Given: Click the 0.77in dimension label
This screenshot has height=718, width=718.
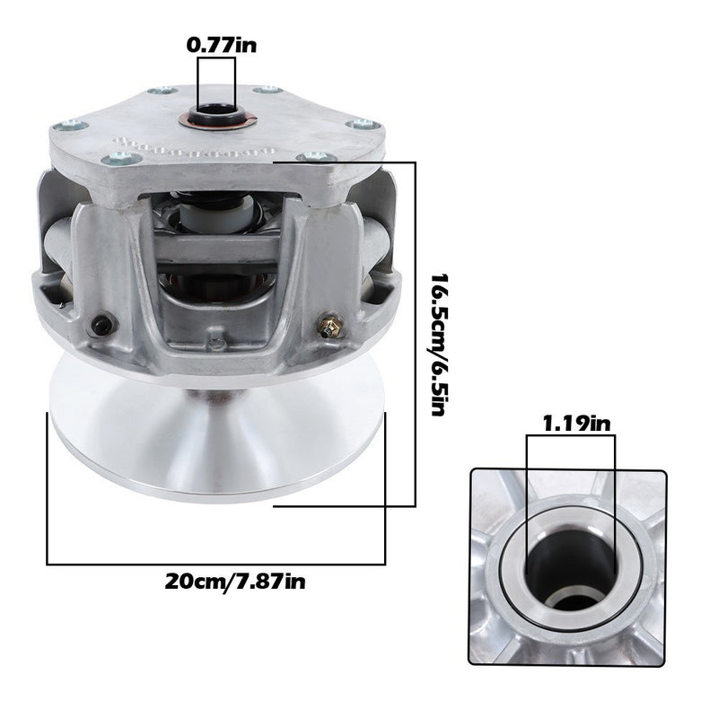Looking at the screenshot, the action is tap(222, 46).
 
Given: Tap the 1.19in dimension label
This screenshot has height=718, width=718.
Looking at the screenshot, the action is tap(576, 424).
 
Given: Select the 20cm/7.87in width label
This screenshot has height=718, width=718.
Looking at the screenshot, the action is tap(235, 582).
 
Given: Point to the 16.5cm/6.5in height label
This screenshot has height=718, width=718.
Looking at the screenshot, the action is tap(439, 345).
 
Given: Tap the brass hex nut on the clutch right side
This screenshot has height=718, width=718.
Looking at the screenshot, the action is tap(328, 327).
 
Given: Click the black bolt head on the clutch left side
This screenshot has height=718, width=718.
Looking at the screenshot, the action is tap(101, 325).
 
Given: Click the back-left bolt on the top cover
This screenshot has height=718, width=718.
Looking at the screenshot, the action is tap(162, 90).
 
